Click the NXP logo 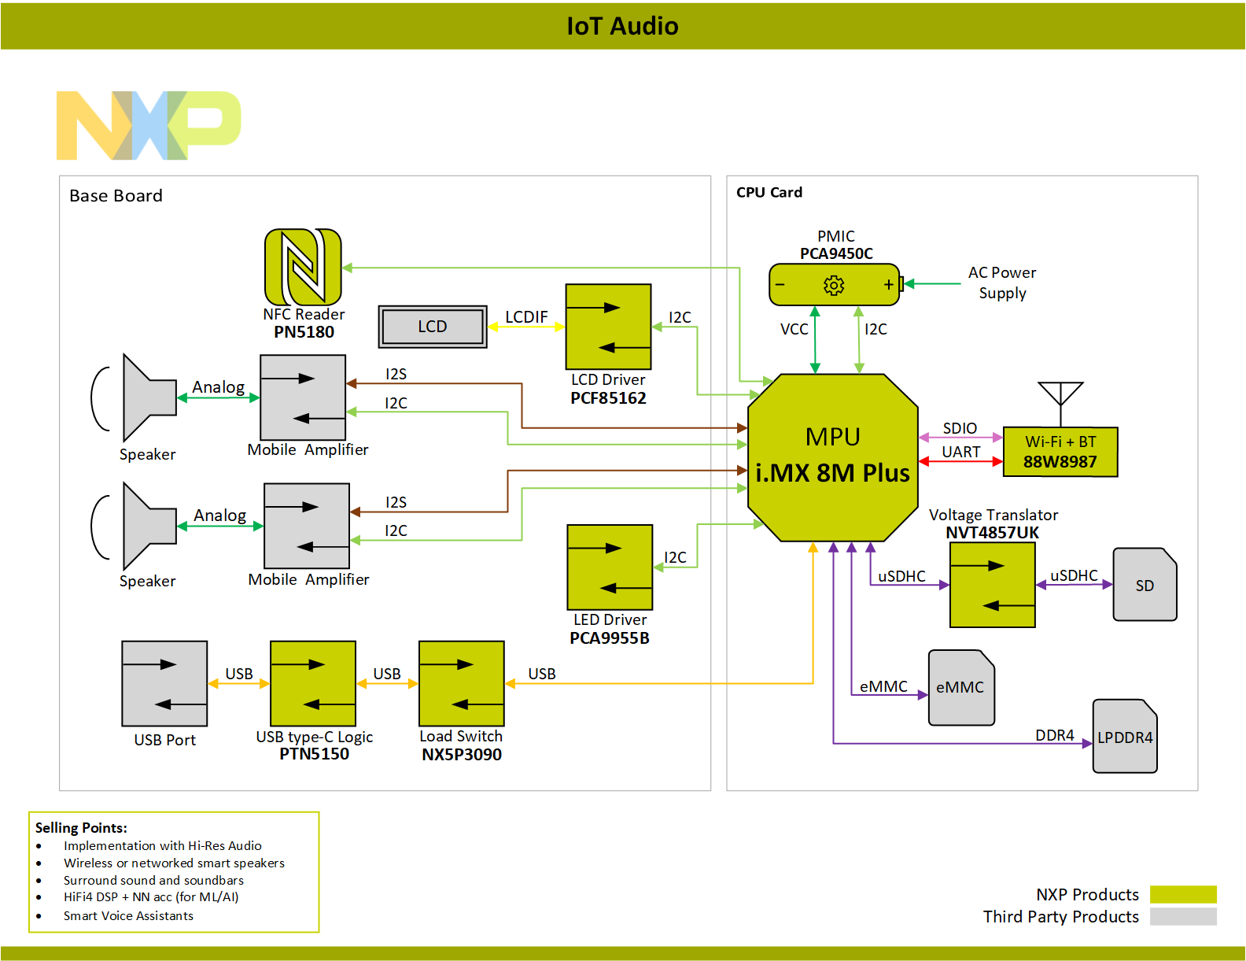[x=149, y=125]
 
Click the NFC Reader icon [x=303, y=267]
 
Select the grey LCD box [x=433, y=327]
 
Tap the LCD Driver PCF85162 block [x=608, y=327]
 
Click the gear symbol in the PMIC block [x=834, y=285]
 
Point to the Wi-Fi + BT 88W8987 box [x=1060, y=452]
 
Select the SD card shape [x=1145, y=584]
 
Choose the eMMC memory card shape [x=961, y=687]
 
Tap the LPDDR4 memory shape [x=1124, y=736]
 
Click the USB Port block [x=164, y=683]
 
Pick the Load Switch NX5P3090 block [x=462, y=683]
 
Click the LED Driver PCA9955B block [x=610, y=567]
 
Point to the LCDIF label [x=526, y=316]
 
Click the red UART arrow [x=960, y=461]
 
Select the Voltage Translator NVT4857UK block [x=993, y=585]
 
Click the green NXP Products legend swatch [x=1183, y=894]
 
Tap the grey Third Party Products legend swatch [x=1183, y=916]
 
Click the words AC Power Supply [x=1001, y=283]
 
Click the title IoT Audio [x=623, y=26]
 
